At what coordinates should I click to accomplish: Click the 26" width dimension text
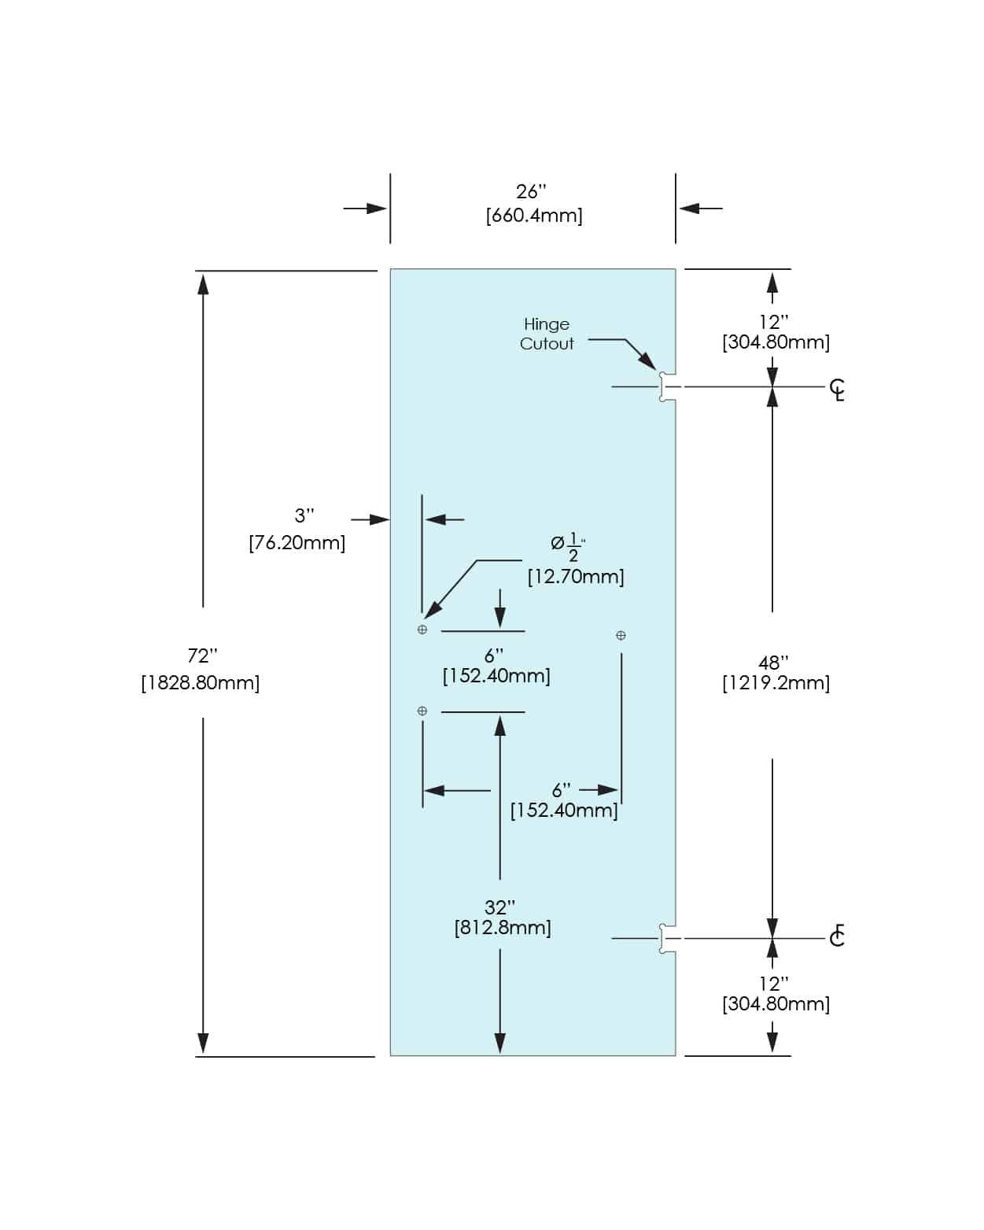coord(531,191)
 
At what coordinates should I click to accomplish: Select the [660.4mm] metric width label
coord(534,216)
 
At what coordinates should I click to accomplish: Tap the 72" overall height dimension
coord(202,656)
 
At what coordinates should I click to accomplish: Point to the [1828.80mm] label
coord(201,682)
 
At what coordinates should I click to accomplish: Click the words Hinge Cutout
coord(547,334)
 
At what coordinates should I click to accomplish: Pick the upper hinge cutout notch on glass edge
coord(666,387)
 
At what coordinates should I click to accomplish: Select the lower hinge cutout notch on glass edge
coord(666,939)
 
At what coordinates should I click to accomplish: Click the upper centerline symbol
coord(838,389)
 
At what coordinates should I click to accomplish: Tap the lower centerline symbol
coord(837,936)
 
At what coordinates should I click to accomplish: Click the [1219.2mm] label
coord(776,683)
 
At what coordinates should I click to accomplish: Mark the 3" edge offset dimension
coord(304,515)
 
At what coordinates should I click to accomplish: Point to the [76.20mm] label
coord(297,542)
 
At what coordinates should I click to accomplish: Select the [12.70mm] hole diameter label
coord(576,577)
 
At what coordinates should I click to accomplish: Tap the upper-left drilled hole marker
coord(422,630)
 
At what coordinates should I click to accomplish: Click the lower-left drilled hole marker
coord(422,711)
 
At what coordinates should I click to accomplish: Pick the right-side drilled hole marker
coord(621,635)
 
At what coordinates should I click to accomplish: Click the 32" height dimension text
coord(499,907)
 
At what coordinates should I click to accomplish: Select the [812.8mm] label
coord(503,928)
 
